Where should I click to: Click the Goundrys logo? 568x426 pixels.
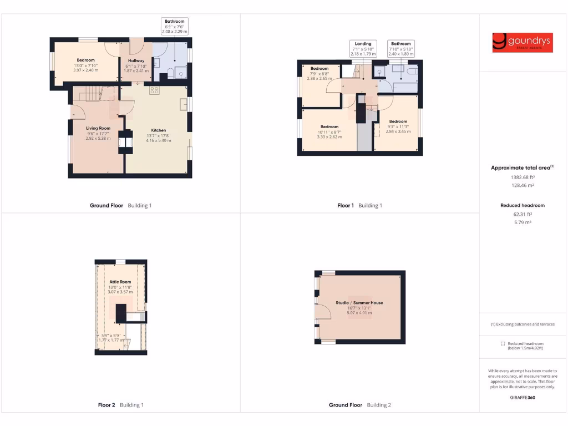pos(523,43)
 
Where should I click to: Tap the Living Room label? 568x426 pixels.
pos(98,128)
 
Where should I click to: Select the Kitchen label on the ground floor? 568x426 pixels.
pos(159,130)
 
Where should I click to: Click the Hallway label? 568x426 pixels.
pos(136,60)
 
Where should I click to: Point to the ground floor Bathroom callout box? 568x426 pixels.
pos(175,27)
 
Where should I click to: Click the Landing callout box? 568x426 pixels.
pos(363,49)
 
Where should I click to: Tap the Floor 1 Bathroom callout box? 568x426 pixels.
pos(401,49)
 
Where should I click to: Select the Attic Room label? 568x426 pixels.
pos(120,282)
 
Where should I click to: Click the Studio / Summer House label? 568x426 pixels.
pos(359,303)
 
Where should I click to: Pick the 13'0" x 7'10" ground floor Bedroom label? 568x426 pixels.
pos(85,60)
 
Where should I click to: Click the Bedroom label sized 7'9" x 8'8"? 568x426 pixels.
pos(319,69)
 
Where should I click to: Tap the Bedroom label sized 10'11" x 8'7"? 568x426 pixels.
pos(329,127)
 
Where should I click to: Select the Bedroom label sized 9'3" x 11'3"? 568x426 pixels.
pos(398,121)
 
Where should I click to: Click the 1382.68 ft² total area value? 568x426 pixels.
pos(522,177)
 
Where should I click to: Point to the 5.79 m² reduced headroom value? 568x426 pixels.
pos(522,222)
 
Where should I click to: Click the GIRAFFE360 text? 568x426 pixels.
pos(523,397)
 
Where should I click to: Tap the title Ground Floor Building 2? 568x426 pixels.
pos(359,405)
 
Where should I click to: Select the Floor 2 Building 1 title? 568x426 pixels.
pos(120,405)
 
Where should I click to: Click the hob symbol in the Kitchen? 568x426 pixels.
pos(154,89)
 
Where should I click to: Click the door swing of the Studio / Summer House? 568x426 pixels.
pos(324,312)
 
